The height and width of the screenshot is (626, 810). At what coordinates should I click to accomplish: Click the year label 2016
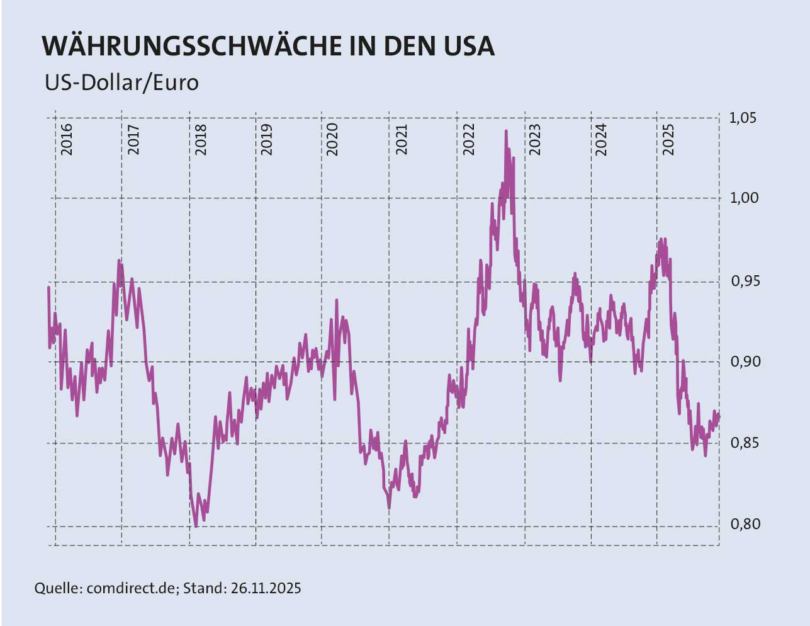(x=67, y=139)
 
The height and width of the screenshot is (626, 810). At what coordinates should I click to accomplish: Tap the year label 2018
(x=201, y=139)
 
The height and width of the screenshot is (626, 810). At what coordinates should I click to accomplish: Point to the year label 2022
(x=468, y=139)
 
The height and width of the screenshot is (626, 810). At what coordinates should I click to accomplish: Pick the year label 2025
(x=668, y=139)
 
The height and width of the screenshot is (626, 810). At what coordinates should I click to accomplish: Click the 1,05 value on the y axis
(x=743, y=118)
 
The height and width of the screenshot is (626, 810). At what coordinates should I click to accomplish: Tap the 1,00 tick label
(x=743, y=198)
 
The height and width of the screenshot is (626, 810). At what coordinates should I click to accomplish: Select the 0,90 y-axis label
(x=743, y=361)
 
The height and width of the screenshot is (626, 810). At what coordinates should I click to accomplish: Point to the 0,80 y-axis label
(x=743, y=525)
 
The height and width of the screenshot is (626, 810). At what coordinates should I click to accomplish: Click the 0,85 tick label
(x=743, y=443)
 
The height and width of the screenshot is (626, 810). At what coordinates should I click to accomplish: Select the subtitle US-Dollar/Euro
(x=121, y=83)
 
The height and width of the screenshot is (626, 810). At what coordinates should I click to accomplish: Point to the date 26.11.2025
(x=266, y=588)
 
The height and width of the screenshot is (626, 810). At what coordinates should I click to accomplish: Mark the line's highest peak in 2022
(x=506, y=131)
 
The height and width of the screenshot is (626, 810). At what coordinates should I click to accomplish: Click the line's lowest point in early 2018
(x=196, y=526)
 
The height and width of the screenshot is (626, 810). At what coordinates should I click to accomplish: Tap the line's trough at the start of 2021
(x=389, y=507)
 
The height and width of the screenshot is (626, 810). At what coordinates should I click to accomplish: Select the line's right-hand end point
(x=719, y=416)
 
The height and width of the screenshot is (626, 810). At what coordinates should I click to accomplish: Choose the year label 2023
(x=535, y=139)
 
